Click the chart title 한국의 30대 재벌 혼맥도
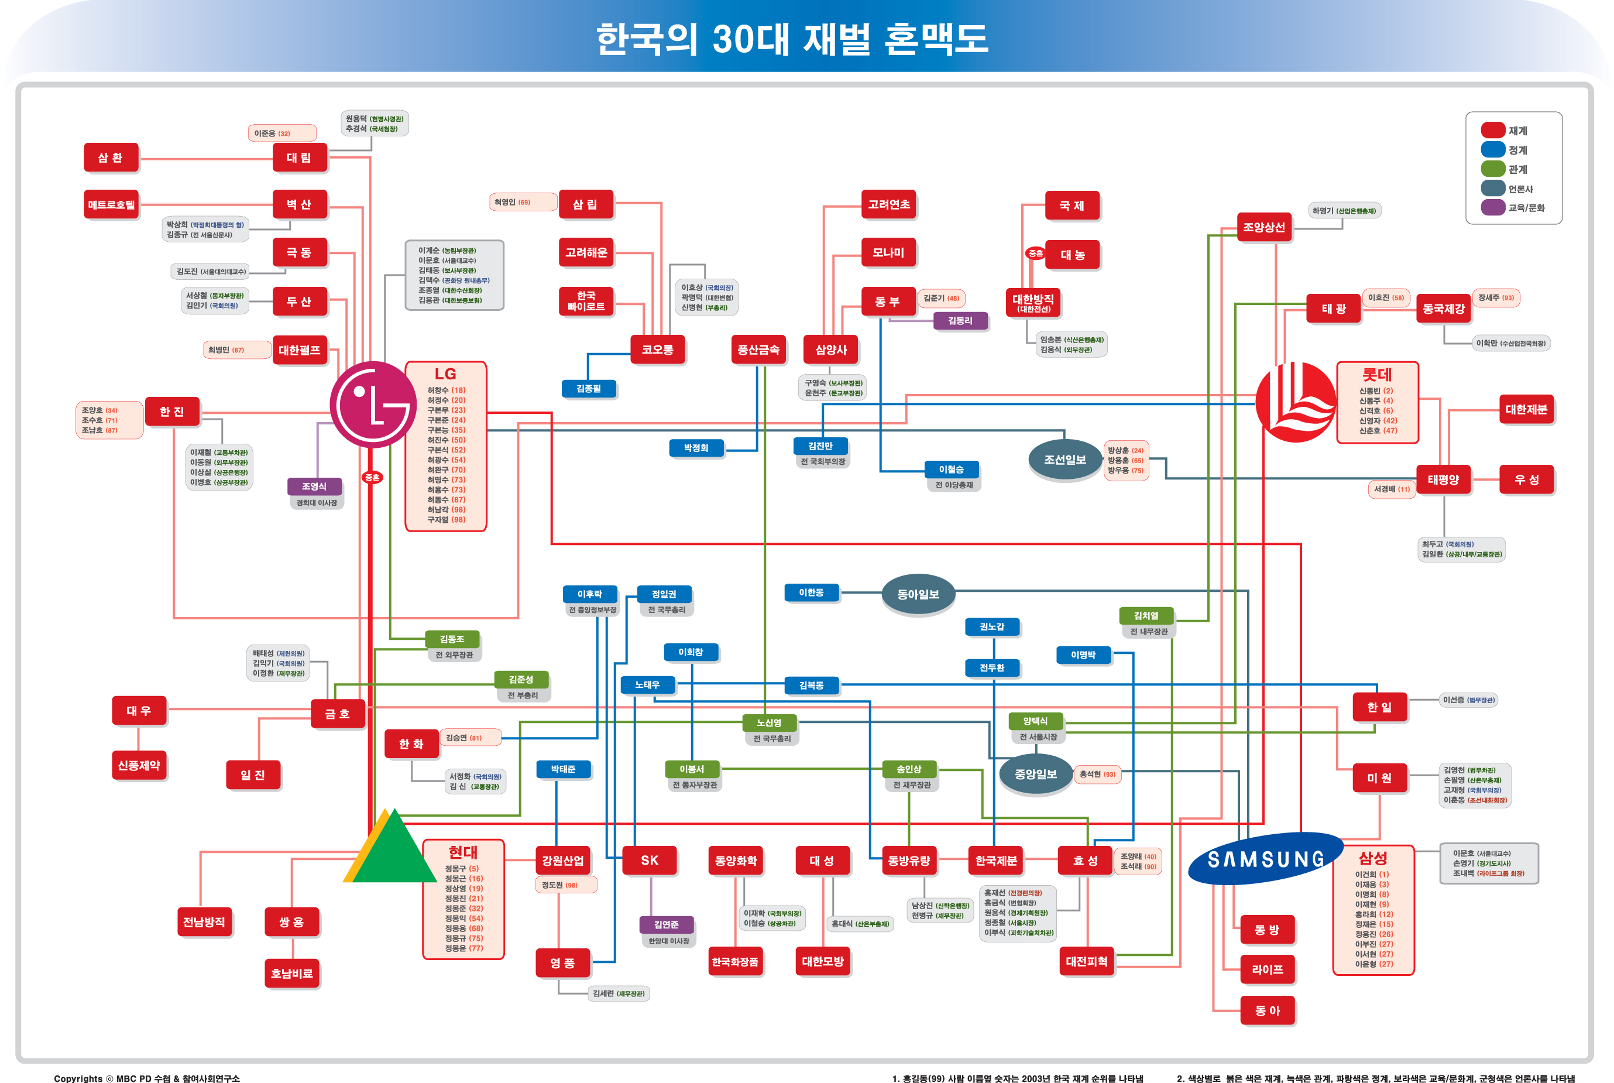(x=792, y=39)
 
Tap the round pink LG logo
(x=373, y=405)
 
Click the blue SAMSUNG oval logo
(x=1265, y=859)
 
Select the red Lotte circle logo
(x=1295, y=402)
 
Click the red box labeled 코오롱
(x=657, y=349)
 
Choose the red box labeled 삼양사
(x=830, y=349)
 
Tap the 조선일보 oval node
(x=1064, y=460)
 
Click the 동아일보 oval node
(x=918, y=594)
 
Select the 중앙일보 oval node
(x=1035, y=774)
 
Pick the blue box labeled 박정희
(x=696, y=448)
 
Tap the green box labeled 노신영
(x=768, y=722)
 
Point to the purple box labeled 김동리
(x=960, y=320)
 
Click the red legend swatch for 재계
(x=1492, y=131)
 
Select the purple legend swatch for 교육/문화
(x=1492, y=207)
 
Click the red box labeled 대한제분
(x=1526, y=410)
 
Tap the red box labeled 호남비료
(x=291, y=973)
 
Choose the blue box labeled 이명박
(x=1083, y=654)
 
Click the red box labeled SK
(x=649, y=861)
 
